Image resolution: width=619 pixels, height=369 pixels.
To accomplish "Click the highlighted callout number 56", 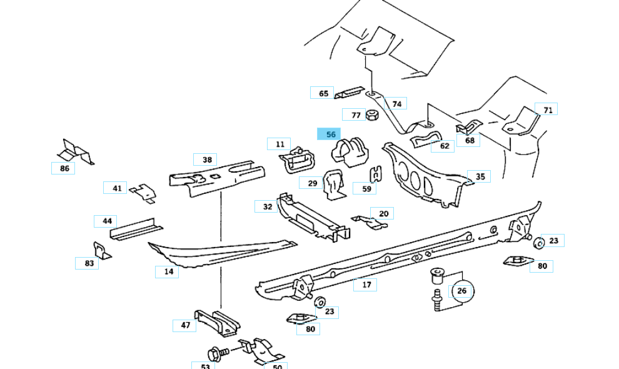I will [330, 134].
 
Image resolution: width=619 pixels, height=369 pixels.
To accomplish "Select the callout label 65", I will [323, 93].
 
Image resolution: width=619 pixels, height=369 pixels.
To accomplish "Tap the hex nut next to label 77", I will [371, 115].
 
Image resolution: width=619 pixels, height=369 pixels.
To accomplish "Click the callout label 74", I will [396, 103].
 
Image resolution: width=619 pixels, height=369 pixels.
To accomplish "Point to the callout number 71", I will [548, 110].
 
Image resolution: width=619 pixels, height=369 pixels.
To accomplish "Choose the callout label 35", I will [480, 177].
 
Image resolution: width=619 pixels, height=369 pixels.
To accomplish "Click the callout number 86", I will [64, 168].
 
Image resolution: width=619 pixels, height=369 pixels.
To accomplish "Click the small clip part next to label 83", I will [102, 250].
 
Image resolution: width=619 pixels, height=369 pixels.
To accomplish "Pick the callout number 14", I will [168, 271].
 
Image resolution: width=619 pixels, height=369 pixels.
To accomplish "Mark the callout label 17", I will [366, 285].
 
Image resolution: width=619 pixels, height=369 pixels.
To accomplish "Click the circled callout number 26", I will [461, 290].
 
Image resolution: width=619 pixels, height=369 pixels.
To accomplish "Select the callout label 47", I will [185, 325].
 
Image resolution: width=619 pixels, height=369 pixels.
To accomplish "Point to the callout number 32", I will [267, 206].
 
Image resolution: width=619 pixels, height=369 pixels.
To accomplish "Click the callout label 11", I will [279, 144].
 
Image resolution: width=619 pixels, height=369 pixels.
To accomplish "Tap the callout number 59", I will [366, 188].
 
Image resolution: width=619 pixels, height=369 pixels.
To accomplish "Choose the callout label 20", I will [383, 213].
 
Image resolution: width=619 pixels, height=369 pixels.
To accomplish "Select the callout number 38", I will [206, 159].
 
